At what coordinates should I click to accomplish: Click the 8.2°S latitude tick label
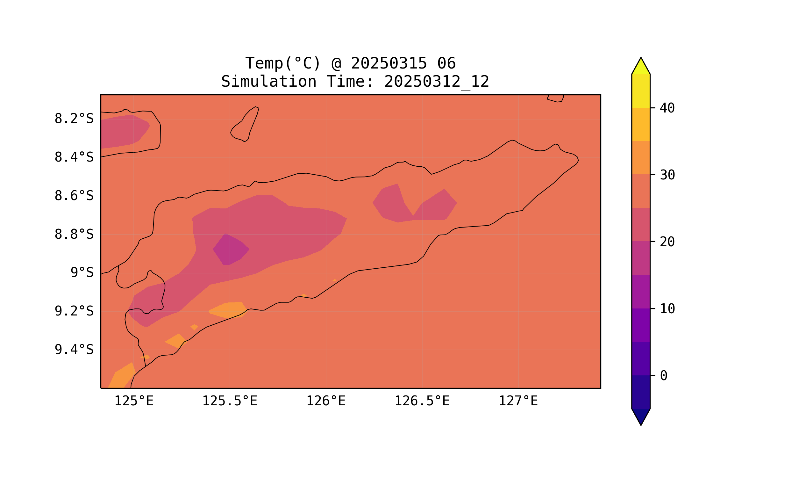click(x=74, y=119)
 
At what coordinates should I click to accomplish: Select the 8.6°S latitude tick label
click(x=74, y=196)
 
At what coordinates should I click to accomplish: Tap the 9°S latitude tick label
click(x=82, y=273)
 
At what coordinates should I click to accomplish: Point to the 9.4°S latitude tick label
click(x=74, y=350)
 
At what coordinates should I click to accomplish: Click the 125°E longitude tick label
click(x=134, y=401)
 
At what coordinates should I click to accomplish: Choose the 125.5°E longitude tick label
click(x=230, y=401)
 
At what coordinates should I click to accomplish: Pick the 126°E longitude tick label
click(x=326, y=401)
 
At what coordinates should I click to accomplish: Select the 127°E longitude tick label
click(x=518, y=401)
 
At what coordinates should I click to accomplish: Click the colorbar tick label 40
click(x=667, y=108)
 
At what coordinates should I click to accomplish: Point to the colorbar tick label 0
click(x=663, y=376)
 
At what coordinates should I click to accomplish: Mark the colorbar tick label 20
click(x=667, y=242)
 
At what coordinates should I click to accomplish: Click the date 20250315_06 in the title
click(x=403, y=63)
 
